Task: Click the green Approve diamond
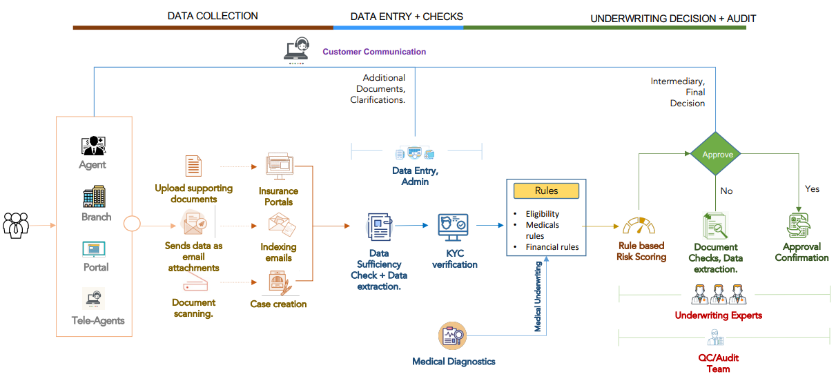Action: [x=717, y=155]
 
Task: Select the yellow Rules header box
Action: [x=546, y=190]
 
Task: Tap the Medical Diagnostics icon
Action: [x=453, y=336]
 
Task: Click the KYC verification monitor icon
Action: [x=454, y=226]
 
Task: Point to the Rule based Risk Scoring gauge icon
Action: [x=639, y=226]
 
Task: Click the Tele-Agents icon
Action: [x=94, y=299]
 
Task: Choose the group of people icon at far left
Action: [x=16, y=225]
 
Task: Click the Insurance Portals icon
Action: [x=280, y=168]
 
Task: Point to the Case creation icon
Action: [x=279, y=283]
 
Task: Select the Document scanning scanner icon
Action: [x=195, y=285]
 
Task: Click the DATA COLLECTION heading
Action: [x=213, y=15]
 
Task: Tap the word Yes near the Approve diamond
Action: [x=812, y=188]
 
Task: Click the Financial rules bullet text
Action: [x=552, y=246]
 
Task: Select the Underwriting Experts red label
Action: [x=718, y=315]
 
